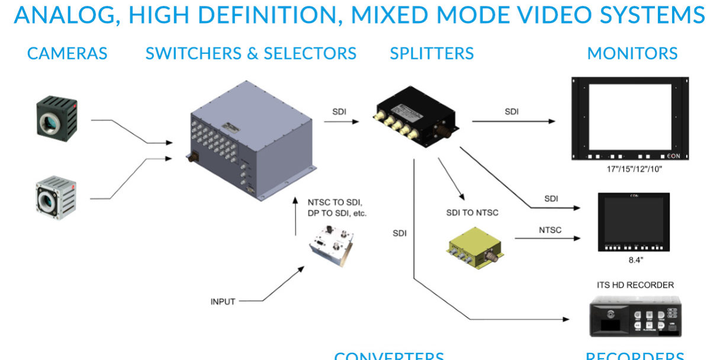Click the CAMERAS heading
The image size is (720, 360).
point(67,54)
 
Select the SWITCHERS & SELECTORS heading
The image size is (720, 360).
point(250,54)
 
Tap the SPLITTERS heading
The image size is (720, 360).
point(432,54)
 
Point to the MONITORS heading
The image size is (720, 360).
point(632,54)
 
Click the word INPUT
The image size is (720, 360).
point(223,301)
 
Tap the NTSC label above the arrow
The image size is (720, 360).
point(550,230)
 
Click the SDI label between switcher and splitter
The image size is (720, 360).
point(339,111)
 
